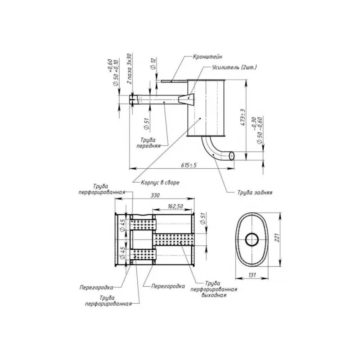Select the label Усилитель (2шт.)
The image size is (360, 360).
point(234,67)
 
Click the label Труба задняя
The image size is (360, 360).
point(255,192)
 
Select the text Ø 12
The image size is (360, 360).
point(153,63)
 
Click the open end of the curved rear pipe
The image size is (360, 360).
point(232,155)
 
